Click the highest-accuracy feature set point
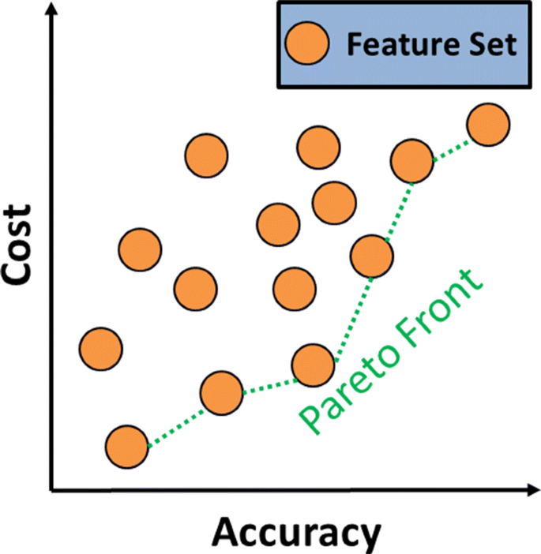487,125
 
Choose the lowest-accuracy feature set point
101,347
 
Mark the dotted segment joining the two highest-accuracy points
450,143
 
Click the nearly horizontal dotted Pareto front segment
268,384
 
